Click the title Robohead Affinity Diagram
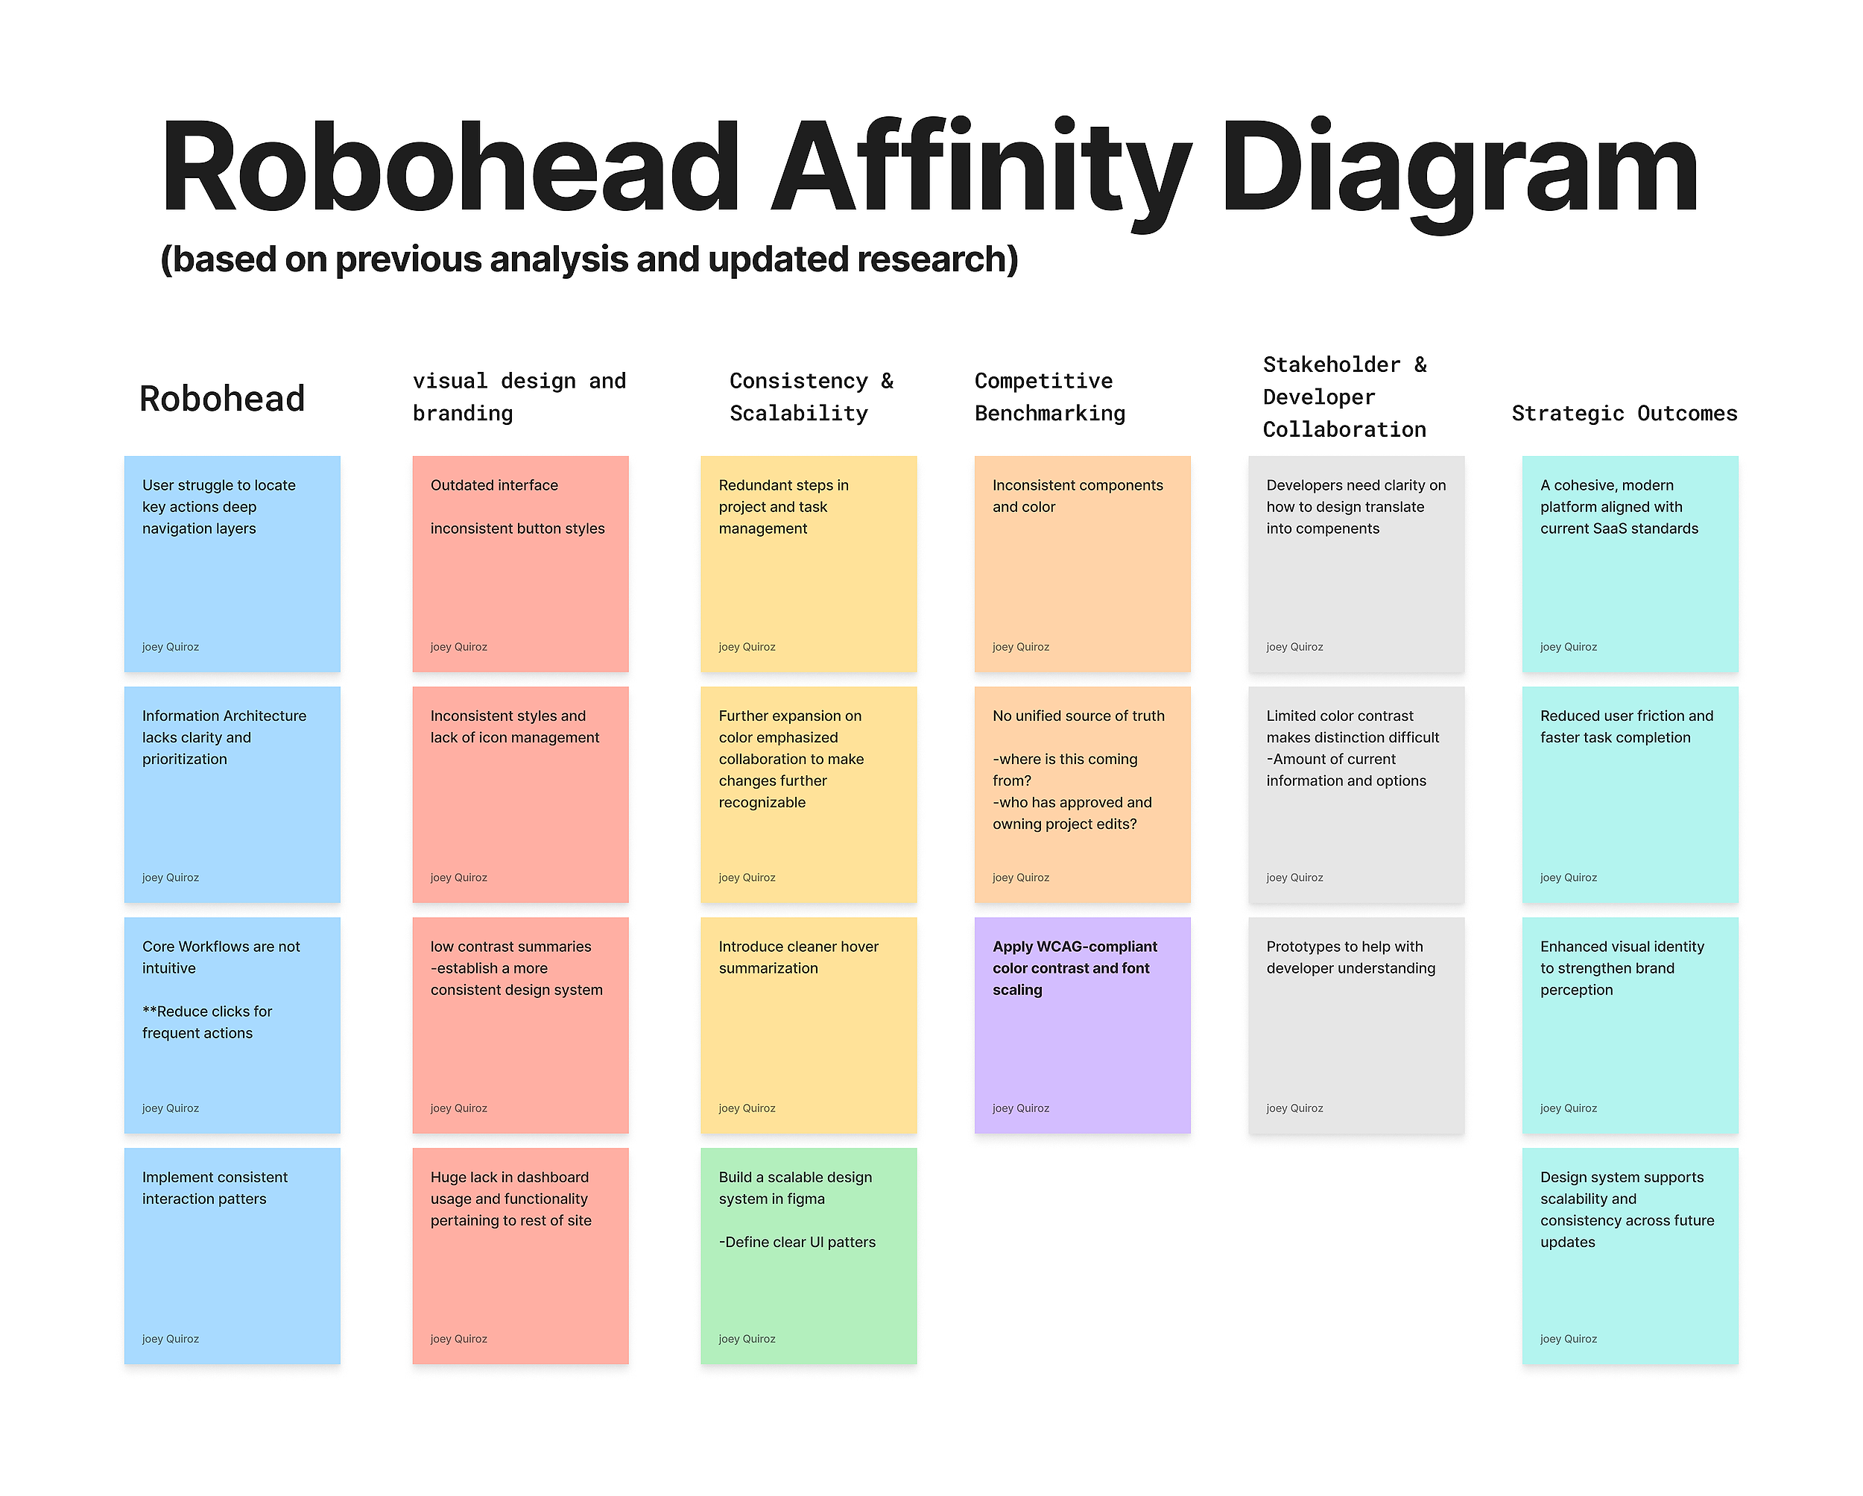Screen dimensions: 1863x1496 pyautogui.click(x=929, y=168)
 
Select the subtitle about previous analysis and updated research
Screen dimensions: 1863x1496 pyautogui.click(x=589, y=259)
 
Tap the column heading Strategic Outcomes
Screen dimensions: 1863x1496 pyautogui.click(x=1624, y=413)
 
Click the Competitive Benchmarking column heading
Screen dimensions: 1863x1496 pyautogui.click(x=1049, y=397)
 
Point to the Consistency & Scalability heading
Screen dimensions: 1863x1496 pyautogui.click(x=811, y=397)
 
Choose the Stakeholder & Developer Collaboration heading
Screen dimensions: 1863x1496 pyautogui.click(x=1344, y=397)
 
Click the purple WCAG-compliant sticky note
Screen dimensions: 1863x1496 pyautogui.click(x=1082, y=1025)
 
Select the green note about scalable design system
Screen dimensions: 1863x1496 pyautogui.click(x=808, y=1256)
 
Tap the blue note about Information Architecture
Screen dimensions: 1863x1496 pyautogui.click(x=232, y=795)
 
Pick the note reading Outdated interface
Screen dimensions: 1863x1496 pyautogui.click(x=520, y=564)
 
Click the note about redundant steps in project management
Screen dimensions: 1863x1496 pyautogui.click(x=808, y=564)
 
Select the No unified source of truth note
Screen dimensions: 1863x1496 pyautogui.click(x=1082, y=795)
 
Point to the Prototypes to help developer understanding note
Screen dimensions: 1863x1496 pyautogui.click(x=1356, y=1025)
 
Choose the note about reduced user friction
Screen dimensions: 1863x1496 pyautogui.click(x=1630, y=795)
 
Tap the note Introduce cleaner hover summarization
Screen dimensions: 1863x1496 pyautogui.click(x=808, y=1025)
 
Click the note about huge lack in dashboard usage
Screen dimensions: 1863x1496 pyautogui.click(x=520, y=1256)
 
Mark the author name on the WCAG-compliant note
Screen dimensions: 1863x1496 pyautogui.click(x=1020, y=1108)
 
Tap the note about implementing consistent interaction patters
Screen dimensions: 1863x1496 pyautogui.click(x=232, y=1256)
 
